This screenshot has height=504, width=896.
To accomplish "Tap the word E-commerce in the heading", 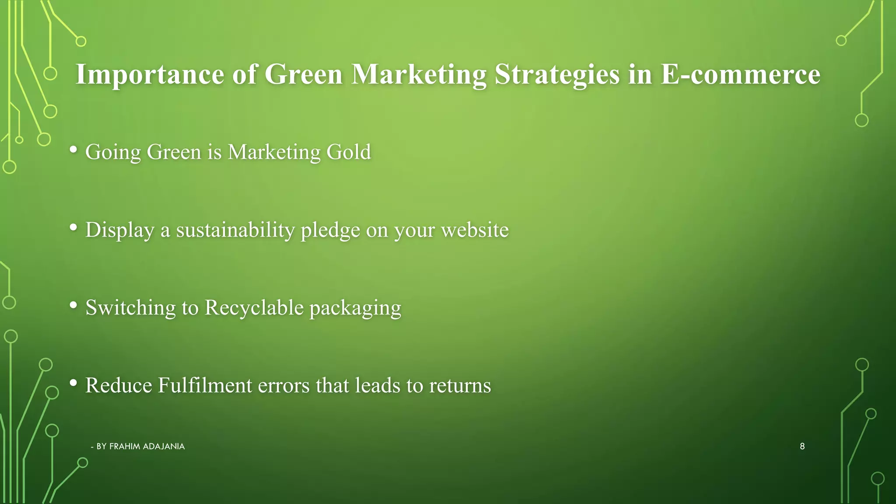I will (x=740, y=74).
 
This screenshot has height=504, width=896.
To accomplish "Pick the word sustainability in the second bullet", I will (x=235, y=230).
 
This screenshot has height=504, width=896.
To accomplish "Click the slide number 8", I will (x=802, y=446).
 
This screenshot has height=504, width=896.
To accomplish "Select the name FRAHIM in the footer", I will (x=125, y=447).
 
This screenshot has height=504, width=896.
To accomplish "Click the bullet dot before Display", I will (x=73, y=227).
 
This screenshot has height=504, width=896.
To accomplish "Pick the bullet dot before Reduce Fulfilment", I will (x=73, y=383).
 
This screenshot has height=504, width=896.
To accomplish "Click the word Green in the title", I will (x=303, y=74).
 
